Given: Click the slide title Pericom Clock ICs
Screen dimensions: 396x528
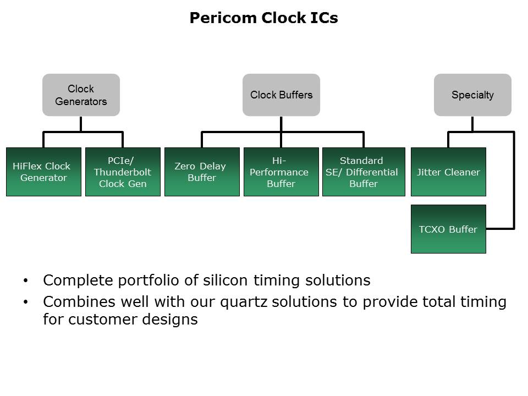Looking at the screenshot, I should pyautogui.click(x=263, y=18).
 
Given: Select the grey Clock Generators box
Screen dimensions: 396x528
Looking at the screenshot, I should pyautogui.click(x=81, y=95).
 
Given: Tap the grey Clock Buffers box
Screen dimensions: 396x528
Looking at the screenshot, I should pyautogui.click(x=281, y=95).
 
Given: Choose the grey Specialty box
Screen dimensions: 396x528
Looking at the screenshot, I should pyautogui.click(x=472, y=95).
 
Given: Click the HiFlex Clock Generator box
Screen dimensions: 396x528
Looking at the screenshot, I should pyautogui.click(x=43, y=172).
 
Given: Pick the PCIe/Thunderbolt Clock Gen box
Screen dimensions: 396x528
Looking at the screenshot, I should pyautogui.click(x=123, y=172).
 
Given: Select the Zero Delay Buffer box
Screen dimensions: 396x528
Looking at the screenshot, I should pyautogui.click(x=202, y=172).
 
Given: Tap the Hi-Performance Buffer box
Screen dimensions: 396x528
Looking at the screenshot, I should pyautogui.click(x=281, y=172).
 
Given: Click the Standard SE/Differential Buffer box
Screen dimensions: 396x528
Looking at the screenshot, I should pyautogui.click(x=361, y=172).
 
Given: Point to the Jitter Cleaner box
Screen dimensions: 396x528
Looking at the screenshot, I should pyautogui.click(x=448, y=172).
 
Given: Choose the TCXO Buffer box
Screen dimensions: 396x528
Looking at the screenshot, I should pyautogui.click(x=448, y=229).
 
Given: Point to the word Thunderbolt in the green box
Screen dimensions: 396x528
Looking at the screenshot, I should pyautogui.click(x=123, y=172).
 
